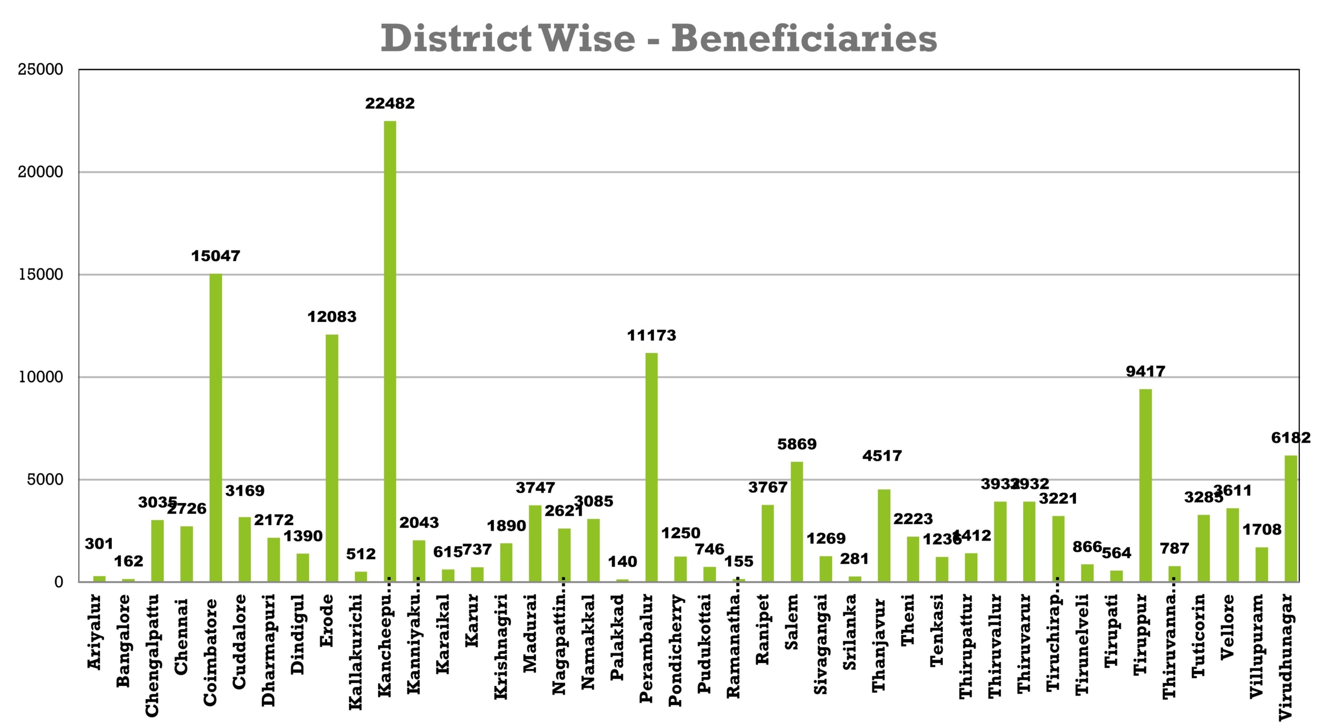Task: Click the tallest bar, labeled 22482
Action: (x=390, y=350)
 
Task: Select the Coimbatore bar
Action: (x=215, y=428)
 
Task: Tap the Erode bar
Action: (x=332, y=459)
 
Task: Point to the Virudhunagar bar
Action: (x=1291, y=518)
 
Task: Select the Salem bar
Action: (x=797, y=521)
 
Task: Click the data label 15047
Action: (x=215, y=256)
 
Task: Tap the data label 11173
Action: (x=651, y=335)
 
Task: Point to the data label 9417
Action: (x=1145, y=371)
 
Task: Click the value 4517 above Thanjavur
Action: (x=882, y=456)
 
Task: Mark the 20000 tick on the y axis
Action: (x=40, y=172)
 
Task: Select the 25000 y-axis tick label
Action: (x=40, y=70)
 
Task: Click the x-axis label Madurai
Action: (x=530, y=633)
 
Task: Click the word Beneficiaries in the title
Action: (x=803, y=39)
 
